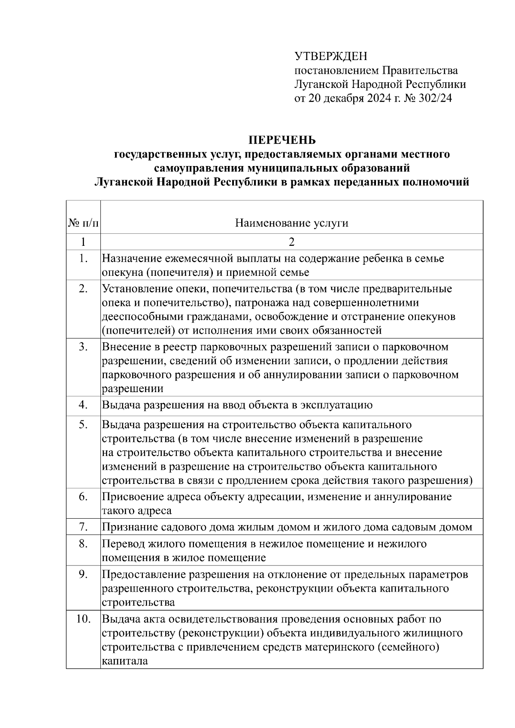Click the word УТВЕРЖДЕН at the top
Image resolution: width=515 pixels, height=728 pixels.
pos(330,56)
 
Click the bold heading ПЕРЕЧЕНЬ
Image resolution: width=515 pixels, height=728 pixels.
pos(282,140)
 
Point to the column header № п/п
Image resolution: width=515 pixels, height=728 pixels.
pos(83,223)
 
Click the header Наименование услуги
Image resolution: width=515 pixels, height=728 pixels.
pos(292,223)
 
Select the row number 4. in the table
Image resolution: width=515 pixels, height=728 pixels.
pos(83,405)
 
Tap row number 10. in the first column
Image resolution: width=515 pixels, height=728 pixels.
pos(83,619)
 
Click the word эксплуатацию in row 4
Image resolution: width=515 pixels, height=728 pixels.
pos(336,405)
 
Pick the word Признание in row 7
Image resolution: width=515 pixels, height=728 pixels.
pos(126,527)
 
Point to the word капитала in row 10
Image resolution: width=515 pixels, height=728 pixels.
pos(125,661)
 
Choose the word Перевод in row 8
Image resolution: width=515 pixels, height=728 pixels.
pos(123,544)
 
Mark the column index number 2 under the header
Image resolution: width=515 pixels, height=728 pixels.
pos(292,242)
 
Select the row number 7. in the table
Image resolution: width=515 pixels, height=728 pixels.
pos(83,526)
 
